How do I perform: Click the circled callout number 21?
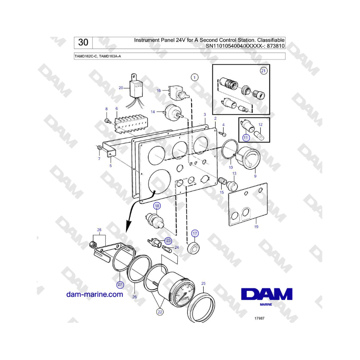click(263, 71)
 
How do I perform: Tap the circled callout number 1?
click(194, 77)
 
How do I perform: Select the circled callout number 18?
click(157, 206)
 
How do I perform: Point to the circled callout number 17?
click(195, 234)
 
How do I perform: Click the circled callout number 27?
click(120, 285)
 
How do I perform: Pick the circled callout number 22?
click(160, 312)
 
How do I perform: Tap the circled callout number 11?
click(246, 138)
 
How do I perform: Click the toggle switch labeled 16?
click(178, 92)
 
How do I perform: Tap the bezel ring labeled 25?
click(201, 307)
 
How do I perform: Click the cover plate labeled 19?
click(248, 204)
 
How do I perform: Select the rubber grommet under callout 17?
click(193, 248)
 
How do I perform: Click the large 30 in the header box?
click(83, 42)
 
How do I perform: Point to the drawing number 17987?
click(260, 318)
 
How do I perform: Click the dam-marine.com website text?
click(94, 294)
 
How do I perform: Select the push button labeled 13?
click(232, 186)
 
